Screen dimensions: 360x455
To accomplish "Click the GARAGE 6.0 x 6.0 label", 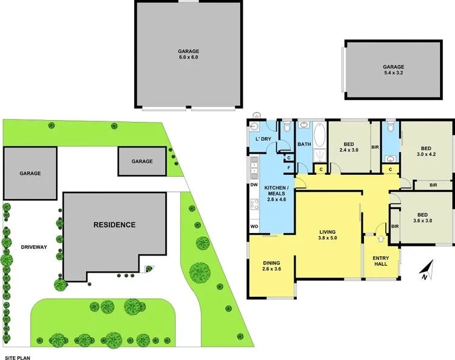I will point(188,54).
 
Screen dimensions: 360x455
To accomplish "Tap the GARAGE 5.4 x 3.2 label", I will point(393,70).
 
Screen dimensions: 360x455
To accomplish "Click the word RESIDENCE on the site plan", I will point(114,225).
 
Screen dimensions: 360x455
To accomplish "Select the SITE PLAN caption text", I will point(18,358).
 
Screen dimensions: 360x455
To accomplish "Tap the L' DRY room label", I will point(263,140).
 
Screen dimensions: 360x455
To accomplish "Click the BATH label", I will point(303,144).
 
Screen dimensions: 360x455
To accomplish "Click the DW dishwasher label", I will point(254,185).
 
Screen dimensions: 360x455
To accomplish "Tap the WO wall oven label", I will point(254,227).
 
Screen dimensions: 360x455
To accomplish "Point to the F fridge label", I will point(289,167).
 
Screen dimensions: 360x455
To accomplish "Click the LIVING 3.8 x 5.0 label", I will point(332,235).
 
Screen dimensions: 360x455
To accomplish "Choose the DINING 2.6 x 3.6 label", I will point(271,265).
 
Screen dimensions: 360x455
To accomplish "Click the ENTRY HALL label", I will point(380,261).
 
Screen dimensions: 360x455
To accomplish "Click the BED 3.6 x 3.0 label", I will point(424,217).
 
